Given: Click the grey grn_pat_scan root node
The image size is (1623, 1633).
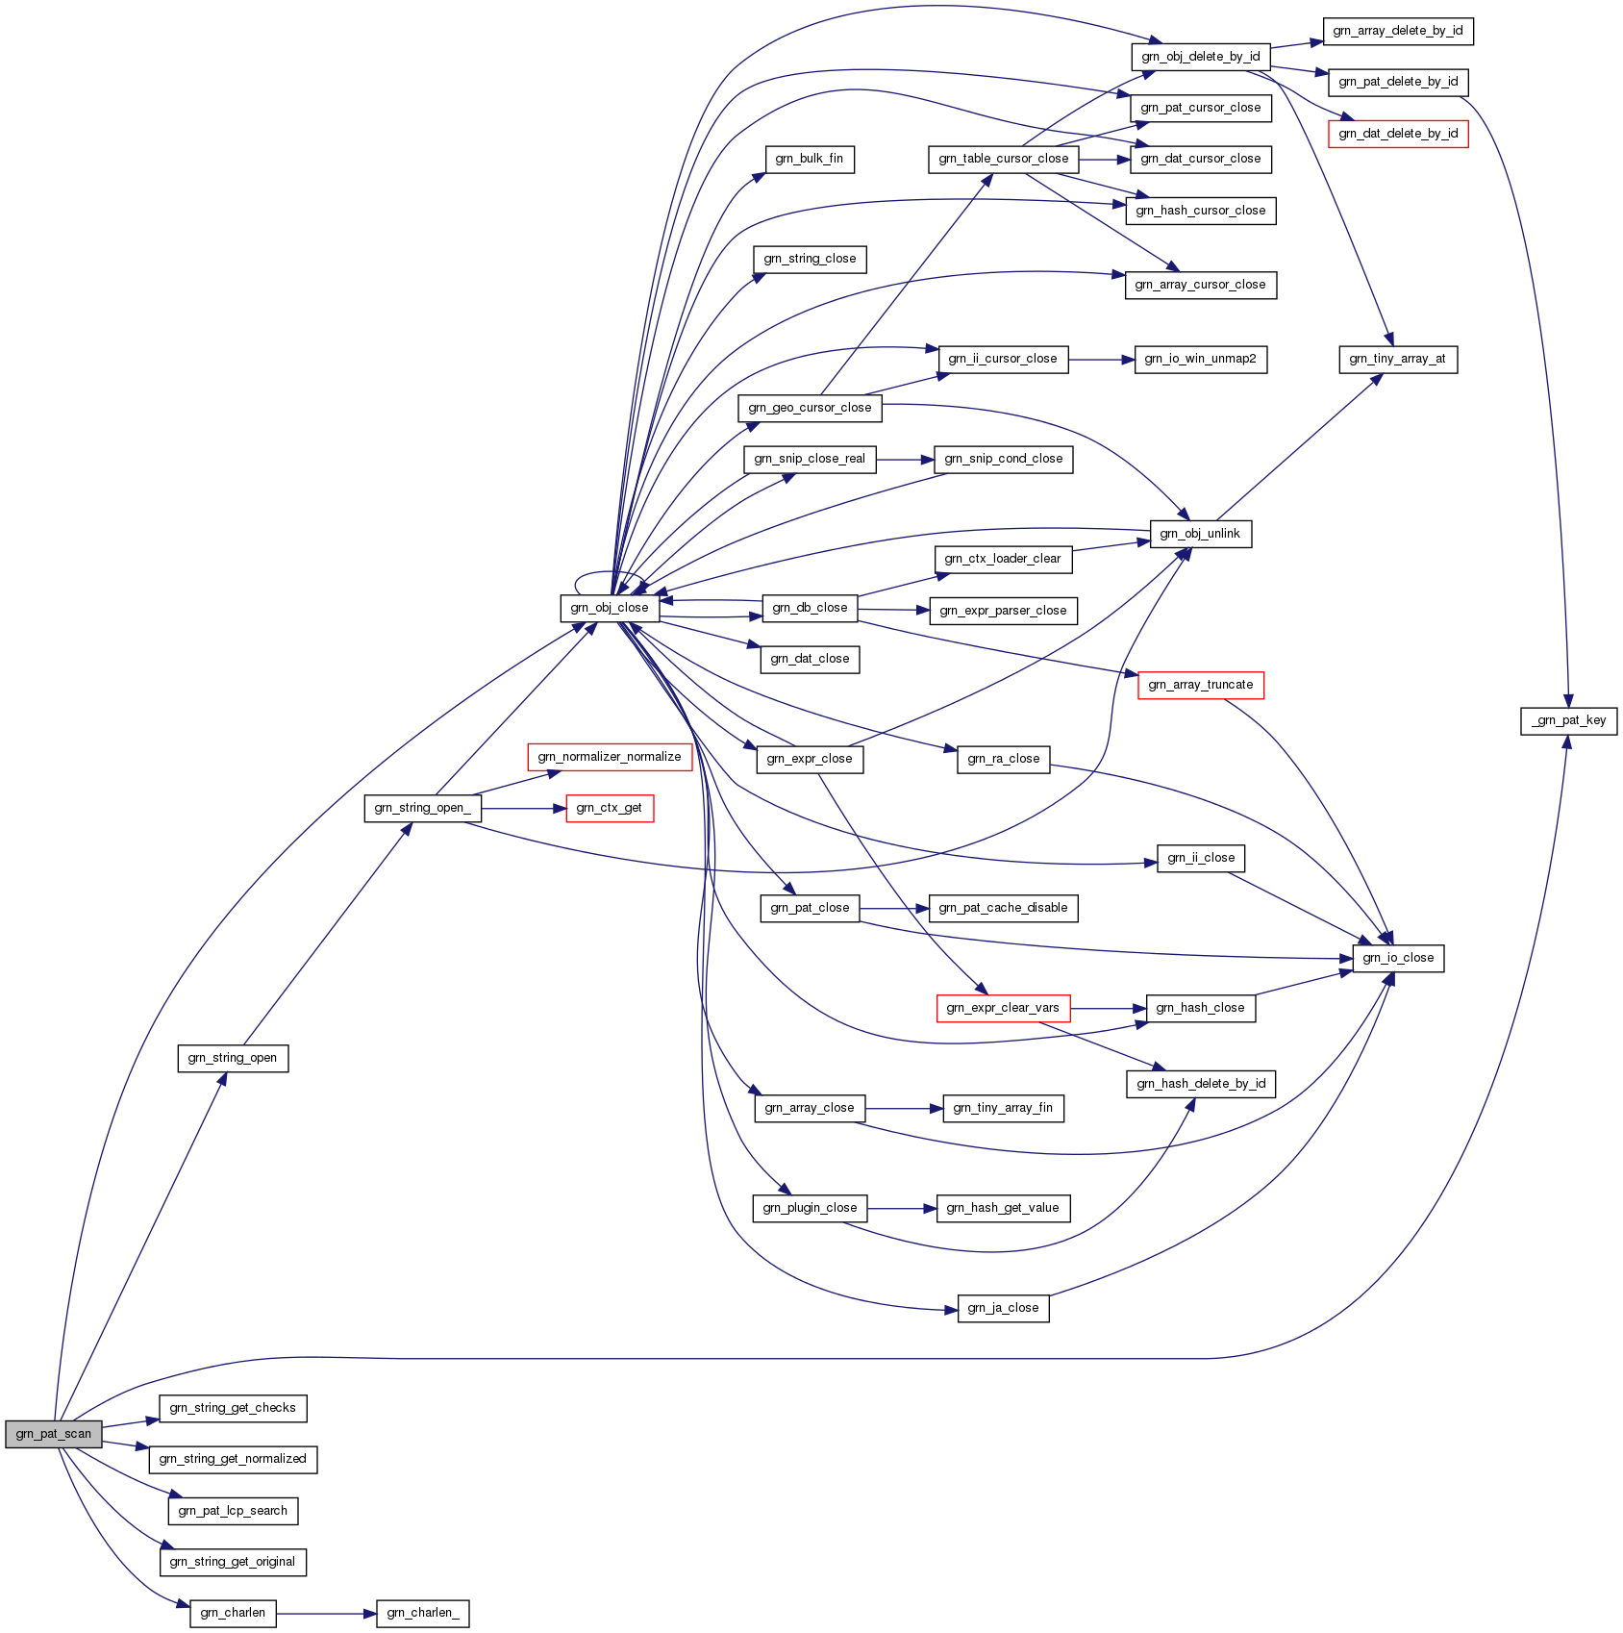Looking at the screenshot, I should click(53, 1434).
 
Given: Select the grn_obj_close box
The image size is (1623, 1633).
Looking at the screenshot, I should click(610, 608).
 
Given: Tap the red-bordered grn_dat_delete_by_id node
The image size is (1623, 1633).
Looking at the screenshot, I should click(1398, 134).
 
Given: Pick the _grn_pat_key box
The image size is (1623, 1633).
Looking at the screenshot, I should click(1568, 720).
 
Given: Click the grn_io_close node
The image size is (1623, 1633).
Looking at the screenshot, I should click(1398, 958).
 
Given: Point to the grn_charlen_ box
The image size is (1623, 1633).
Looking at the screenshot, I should click(422, 1613).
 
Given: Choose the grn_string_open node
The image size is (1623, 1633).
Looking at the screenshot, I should click(233, 1058).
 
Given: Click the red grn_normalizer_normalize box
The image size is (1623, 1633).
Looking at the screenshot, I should click(610, 757).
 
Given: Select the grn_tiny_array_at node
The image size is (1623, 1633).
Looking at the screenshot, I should click(1397, 359).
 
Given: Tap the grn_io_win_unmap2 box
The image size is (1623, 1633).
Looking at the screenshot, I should click(1200, 359).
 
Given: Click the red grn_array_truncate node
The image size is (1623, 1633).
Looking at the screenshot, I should click(1200, 685).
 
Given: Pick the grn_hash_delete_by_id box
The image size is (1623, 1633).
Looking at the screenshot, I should click(1200, 1084).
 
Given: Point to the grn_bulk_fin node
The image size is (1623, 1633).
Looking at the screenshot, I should click(809, 159).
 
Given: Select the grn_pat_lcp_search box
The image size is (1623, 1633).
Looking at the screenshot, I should click(233, 1511).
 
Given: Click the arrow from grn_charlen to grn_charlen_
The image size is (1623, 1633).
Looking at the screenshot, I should click(326, 1613).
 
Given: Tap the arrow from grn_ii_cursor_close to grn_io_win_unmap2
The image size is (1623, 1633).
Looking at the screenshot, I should click(1101, 359).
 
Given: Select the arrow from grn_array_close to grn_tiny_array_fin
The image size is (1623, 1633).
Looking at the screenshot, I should click(904, 1108).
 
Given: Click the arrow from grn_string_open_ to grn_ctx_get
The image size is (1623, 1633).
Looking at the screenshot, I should click(524, 809).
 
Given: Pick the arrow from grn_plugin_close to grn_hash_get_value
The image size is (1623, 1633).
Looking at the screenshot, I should click(902, 1208).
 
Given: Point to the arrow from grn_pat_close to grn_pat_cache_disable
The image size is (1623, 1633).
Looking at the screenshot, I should click(894, 908).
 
